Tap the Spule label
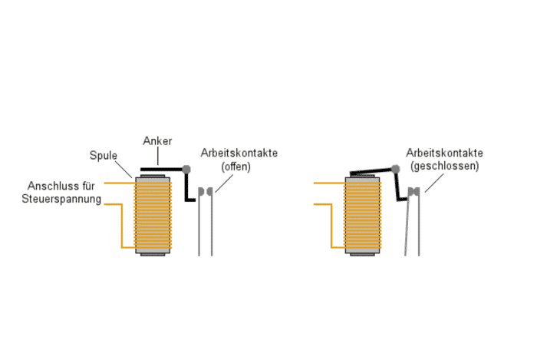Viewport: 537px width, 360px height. pos(102,155)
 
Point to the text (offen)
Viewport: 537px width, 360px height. pos(236,166)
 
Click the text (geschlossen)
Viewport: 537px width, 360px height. pos(445,166)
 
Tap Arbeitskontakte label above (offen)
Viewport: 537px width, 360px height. pos(239,153)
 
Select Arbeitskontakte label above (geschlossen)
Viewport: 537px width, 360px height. pos(445,153)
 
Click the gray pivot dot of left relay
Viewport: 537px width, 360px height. pos(186,169)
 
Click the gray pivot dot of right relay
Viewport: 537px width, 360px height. pos(396,169)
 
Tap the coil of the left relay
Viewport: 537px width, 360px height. pos(153,215)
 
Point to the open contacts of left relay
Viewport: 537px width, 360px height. pos(206,190)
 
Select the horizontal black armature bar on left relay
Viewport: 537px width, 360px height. pos(162,170)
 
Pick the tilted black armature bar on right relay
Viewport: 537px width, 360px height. pos(371,172)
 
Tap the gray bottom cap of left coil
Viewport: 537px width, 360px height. pos(153,252)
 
